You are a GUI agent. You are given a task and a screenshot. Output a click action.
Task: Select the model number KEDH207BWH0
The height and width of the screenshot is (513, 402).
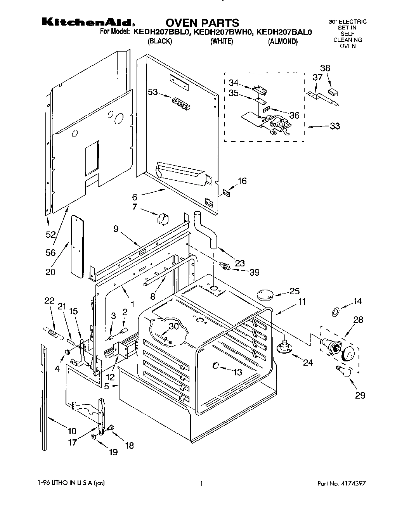pyautogui.click(x=222, y=33)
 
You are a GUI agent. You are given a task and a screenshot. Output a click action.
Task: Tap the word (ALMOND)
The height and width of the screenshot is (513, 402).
pyautogui.click(x=283, y=41)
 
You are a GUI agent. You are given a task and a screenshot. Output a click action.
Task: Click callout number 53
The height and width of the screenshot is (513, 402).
pyautogui.click(x=153, y=92)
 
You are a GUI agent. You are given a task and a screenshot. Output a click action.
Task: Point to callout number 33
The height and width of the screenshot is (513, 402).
pyautogui.click(x=334, y=126)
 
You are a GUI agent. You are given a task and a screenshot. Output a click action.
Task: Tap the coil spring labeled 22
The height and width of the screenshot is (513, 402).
pyautogui.click(x=54, y=332)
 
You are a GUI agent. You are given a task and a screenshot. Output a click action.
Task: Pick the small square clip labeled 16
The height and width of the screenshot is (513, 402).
pyautogui.click(x=226, y=191)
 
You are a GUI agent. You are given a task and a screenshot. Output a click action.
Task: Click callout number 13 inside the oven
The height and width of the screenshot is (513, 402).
pyautogui.click(x=237, y=372)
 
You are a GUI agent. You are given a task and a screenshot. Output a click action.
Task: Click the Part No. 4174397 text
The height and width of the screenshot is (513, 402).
pyautogui.click(x=341, y=484)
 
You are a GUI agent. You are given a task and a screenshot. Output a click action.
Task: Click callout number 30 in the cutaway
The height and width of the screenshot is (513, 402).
pyautogui.click(x=174, y=326)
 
